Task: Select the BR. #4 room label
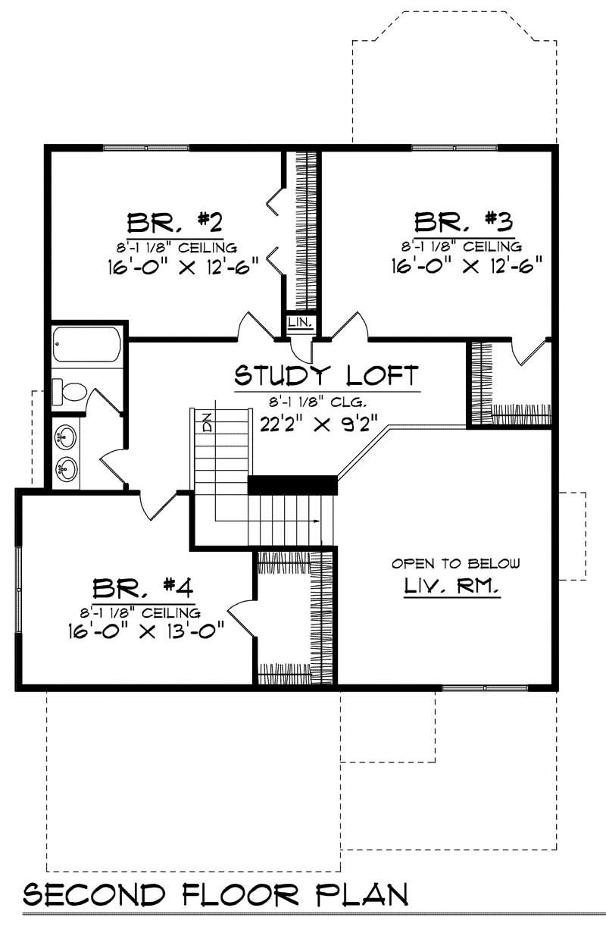point(144,587)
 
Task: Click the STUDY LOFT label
point(326,374)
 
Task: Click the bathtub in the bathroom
point(86,345)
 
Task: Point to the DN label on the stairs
point(205,422)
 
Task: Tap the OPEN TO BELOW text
point(455,563)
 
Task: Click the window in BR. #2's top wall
point(146,148)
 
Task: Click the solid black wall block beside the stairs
point(292,485)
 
